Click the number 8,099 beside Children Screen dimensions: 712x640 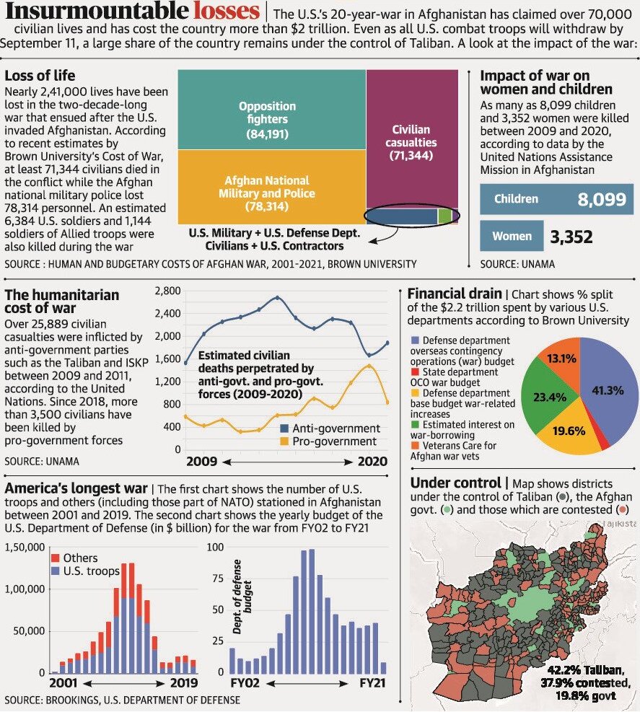pos(601,200)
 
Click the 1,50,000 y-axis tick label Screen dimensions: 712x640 pos(25,548)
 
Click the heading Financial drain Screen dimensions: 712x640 pos(455,294)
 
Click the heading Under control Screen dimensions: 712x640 pos(457,483)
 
